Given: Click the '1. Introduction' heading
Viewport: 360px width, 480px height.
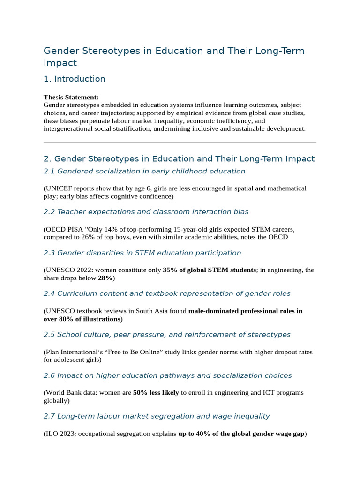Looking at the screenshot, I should coord(74,79).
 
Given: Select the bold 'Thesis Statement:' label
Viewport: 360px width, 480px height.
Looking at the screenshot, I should coord(71,97).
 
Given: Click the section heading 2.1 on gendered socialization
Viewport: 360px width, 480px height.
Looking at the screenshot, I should coord(144,171).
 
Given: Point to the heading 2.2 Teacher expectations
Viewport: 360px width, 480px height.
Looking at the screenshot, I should coord(146,212).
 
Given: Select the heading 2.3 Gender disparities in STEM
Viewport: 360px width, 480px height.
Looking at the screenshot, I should coord(142,253).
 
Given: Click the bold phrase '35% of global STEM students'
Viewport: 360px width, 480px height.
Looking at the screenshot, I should coord(209,270).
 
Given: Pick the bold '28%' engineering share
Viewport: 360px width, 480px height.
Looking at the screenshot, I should coord(105,278).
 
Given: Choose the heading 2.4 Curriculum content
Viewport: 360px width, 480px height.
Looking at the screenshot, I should coord(167,293).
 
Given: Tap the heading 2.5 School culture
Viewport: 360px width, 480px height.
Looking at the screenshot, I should coord(167,335).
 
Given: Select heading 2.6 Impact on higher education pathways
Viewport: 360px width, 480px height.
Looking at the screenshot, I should coord(167,375).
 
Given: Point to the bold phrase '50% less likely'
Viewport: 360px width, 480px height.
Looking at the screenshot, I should coord(156,392).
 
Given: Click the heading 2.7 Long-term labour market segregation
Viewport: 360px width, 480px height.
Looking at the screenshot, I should coord(157,416).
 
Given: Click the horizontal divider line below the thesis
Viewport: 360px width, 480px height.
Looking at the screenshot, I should coord(180,142).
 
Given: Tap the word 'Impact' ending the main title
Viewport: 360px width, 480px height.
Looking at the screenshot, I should coord(60,63).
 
